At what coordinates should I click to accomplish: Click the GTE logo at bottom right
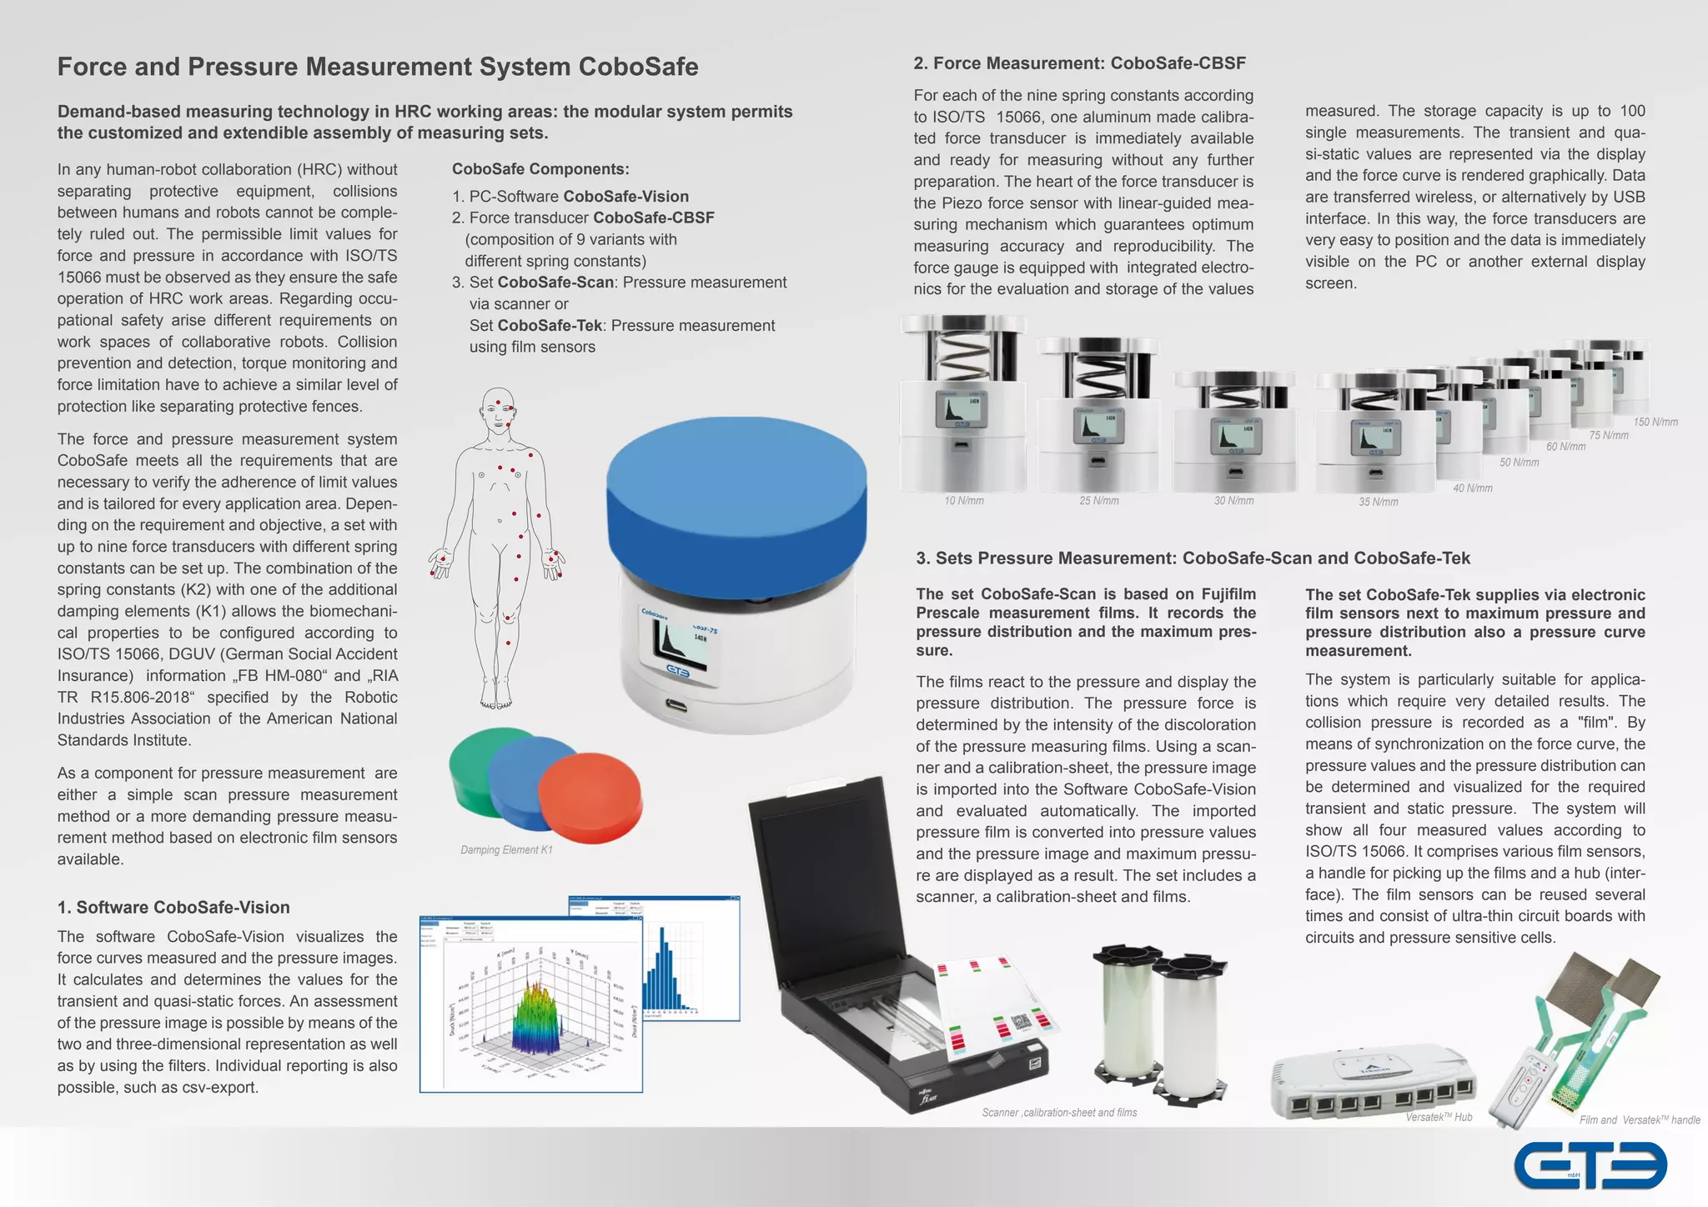[1590, 1165]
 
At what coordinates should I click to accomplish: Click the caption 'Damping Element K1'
[506, 849]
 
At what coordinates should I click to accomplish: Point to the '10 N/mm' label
[963, 501]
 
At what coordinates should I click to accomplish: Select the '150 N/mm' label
[1655, 422]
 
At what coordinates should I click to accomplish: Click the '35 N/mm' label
[1378, 502]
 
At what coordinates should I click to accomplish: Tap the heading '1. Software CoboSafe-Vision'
[173, 907]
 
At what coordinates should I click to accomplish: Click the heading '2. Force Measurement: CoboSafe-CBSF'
[1079, 63]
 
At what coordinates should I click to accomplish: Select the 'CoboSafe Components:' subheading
[540, 169]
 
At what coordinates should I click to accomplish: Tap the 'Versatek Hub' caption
[1439, 1117]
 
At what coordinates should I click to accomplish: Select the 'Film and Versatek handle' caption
[1639, 1119]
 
